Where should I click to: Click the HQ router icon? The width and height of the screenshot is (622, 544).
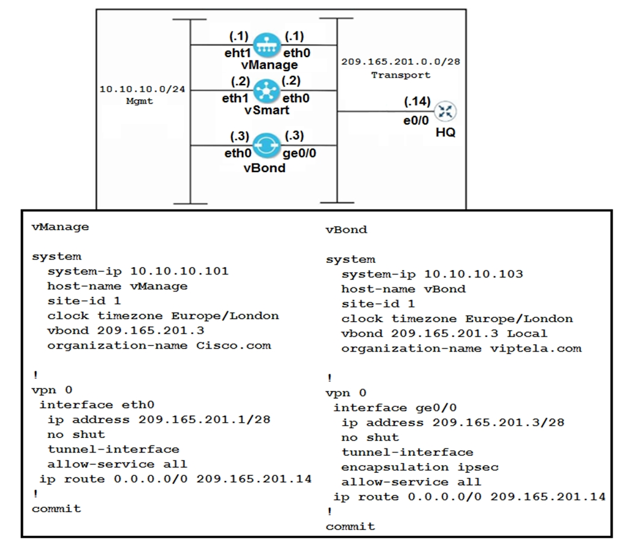coord(446,111)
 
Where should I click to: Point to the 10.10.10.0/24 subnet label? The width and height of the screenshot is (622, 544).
coord(142,89)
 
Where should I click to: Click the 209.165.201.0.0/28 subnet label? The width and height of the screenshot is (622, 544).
coord(401,62)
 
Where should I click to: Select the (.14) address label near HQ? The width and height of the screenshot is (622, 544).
coord(417,101)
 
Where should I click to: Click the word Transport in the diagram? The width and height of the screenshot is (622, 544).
coord(401,75)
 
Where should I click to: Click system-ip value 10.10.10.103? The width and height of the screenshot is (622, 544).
coord(474,274)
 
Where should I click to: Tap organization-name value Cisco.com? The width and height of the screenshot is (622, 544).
coord(233,346)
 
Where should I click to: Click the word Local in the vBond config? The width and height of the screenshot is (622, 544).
coord(527,334)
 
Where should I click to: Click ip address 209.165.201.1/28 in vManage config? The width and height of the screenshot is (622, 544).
coord(204,420)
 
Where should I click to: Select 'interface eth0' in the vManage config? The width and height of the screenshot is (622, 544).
coord(97,404)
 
